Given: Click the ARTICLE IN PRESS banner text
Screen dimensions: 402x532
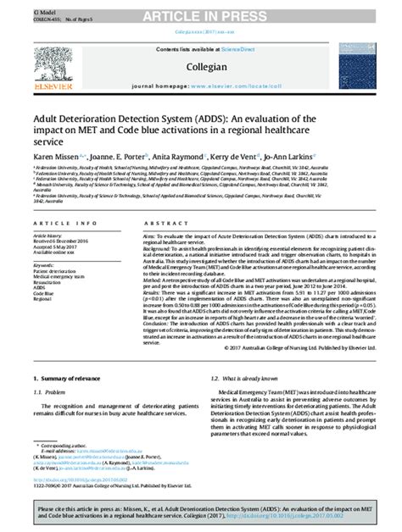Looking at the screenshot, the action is pos(200,9).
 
